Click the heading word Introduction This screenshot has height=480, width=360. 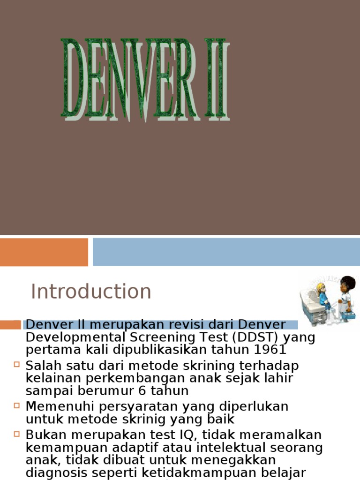point(91,292)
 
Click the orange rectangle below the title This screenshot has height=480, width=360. point(44,252)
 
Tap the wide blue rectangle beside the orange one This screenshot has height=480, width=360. point(226,252)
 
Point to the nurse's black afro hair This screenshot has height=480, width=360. point(348,283)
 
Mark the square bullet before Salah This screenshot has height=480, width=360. point(17,364)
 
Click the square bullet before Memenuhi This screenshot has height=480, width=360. point(17,405)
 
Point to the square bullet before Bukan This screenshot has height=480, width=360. point(17,434)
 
